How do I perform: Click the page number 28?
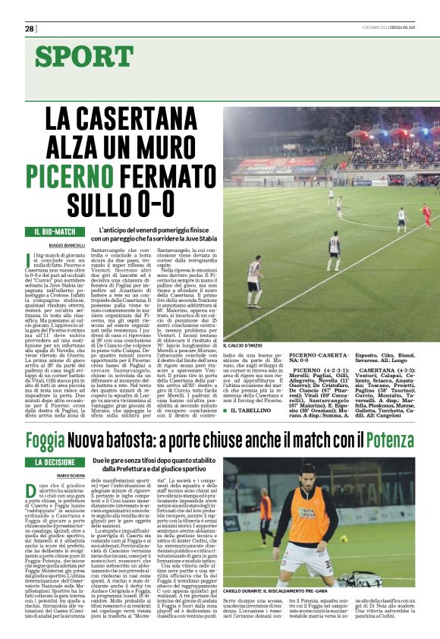[30, 28]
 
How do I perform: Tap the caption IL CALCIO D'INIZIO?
[248, 345]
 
